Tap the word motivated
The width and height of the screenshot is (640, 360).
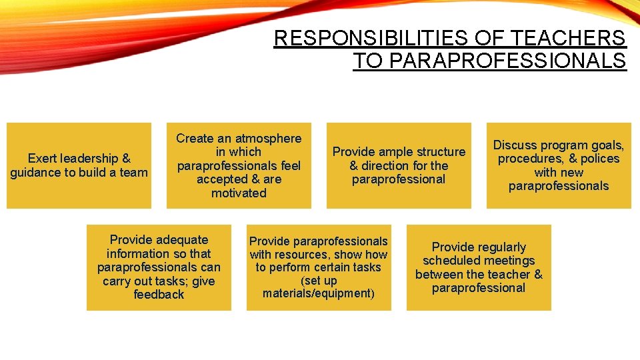tap(239, 193)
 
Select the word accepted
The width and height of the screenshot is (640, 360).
tap(223, 179)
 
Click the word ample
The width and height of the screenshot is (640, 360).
tap(397, 152)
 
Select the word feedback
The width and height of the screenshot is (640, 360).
tap(159, 295)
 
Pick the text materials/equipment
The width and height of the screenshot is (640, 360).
tap(318, 293)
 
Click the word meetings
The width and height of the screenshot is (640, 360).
tap(510, 261)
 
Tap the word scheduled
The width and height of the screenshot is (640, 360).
tap(453, 261)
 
